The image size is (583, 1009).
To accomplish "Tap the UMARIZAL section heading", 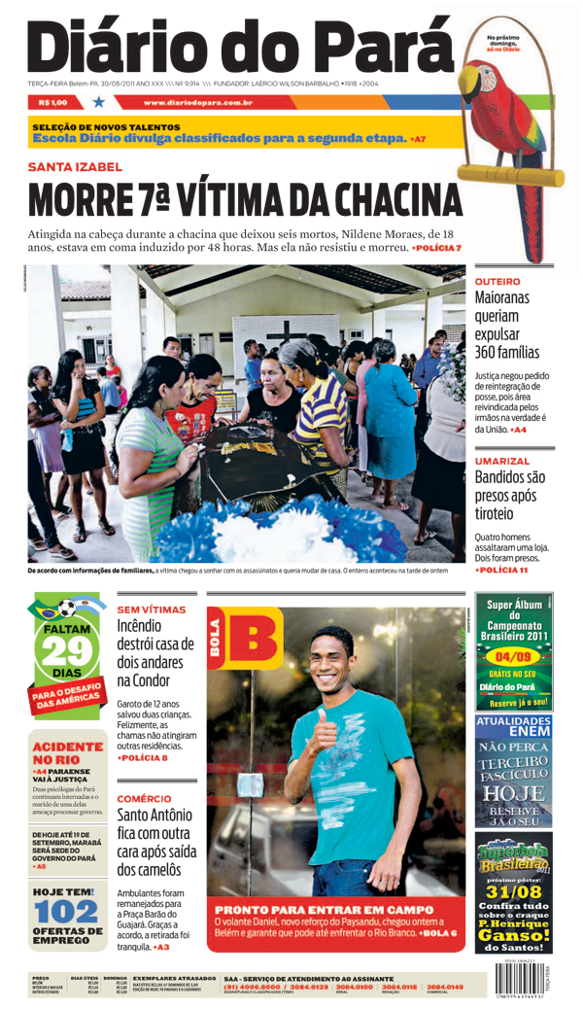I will coord(501,460).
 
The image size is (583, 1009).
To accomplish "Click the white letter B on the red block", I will coord(256,641).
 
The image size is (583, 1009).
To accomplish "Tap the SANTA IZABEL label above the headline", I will coord(75,167).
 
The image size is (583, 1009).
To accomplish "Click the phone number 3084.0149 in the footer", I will coord(444,987).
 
